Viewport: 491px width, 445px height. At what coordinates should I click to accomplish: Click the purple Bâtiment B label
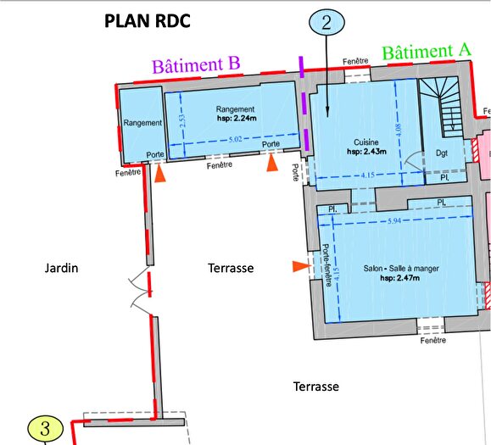tap(197, 64)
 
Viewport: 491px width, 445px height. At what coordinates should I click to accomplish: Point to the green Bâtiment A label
tap(427, 52)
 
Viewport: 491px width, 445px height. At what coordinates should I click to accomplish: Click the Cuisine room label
tap(365, 142)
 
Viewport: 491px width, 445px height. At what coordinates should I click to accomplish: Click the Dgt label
tap(441, 153)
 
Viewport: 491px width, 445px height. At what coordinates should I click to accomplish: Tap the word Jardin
tap(61, 268)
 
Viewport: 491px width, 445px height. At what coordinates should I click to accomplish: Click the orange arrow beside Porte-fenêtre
tap(299, 267)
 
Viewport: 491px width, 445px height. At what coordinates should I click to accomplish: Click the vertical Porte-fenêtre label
tap(326, 266)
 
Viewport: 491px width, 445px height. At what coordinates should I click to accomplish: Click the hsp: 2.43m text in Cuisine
tap(365, 152)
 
